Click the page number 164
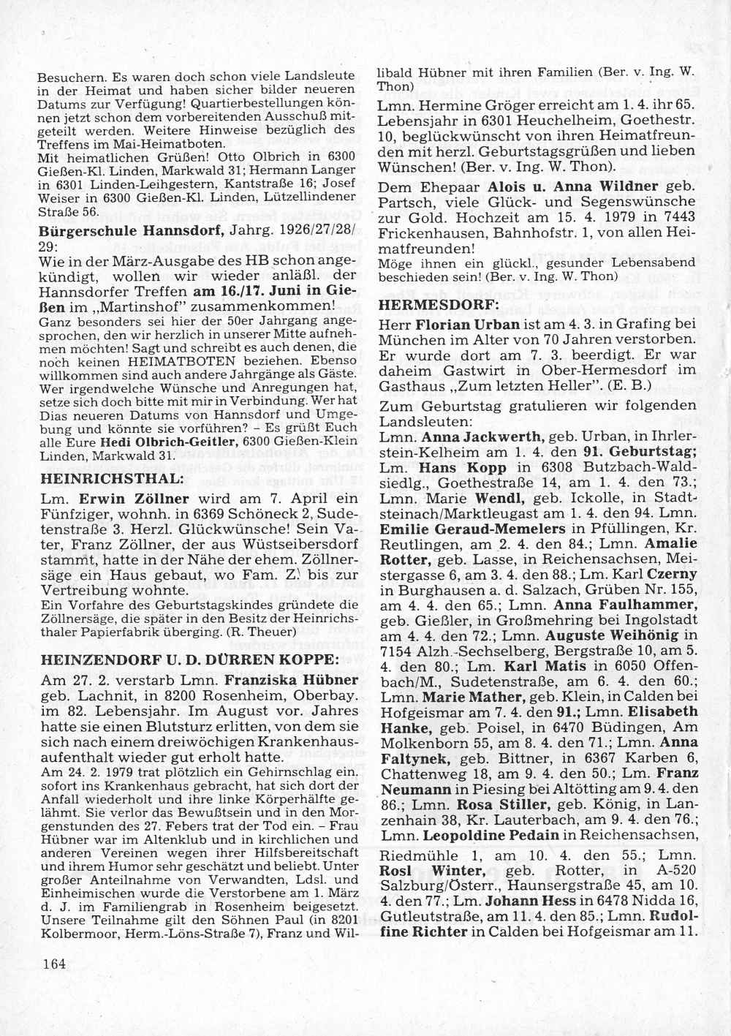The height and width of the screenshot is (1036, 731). point(54,963)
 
